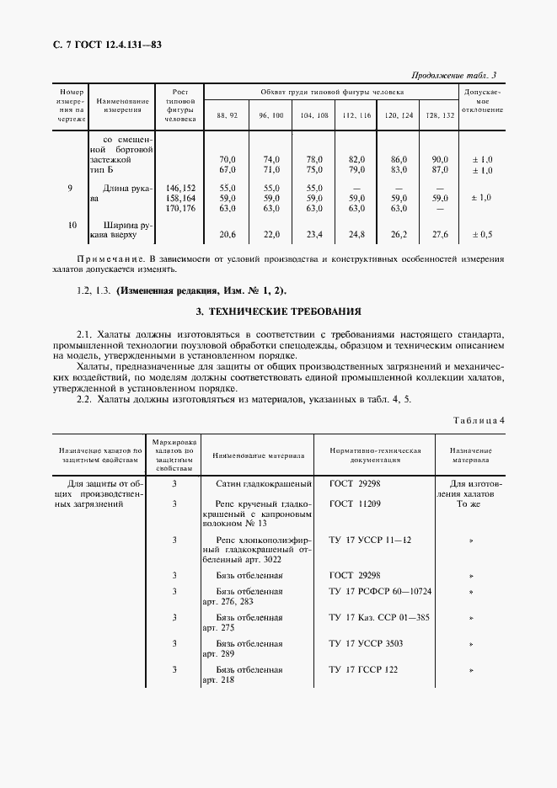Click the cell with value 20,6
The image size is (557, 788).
[x=227, y=235]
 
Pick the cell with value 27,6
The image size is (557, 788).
[x=439, y=235]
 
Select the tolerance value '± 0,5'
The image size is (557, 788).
[x=482, y=235]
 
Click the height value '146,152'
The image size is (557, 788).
[x=181, y=188]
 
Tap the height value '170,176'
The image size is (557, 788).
[x=181, y=209]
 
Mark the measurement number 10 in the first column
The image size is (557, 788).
[x=72, y=225]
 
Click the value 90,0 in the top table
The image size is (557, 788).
[x=439, y=158]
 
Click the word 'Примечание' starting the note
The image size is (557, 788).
[x=104, y=258]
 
